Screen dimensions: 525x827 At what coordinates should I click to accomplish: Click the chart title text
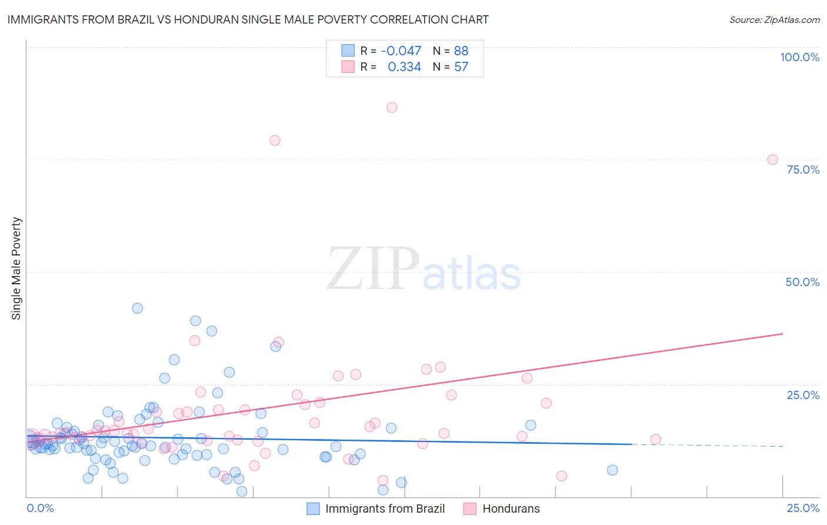(248, 19)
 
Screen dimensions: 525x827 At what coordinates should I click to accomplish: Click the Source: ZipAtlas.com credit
(774, 19)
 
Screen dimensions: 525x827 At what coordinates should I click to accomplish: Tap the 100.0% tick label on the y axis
(799, 57)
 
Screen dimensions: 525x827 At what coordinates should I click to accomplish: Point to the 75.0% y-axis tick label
(803, 170)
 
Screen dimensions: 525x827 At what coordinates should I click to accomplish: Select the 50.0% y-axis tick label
(802, 282)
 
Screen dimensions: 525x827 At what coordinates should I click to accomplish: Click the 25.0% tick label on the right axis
(803, 395)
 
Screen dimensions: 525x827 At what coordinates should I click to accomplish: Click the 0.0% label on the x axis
(40, 508)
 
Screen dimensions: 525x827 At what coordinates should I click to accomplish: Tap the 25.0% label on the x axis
(803, 508)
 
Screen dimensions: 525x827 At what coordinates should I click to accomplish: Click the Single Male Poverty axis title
(16, 268)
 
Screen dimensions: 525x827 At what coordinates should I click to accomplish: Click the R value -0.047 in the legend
(401, 51)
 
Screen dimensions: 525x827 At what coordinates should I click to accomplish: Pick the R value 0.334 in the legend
(404, 67)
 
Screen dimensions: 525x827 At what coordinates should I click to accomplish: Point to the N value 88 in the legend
(461, 51)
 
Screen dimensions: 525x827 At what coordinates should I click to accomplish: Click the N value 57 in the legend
(461, 67)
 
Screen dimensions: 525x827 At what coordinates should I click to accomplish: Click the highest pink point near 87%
(392, 107)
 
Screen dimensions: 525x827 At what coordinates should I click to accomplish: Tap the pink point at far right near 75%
(773, 160)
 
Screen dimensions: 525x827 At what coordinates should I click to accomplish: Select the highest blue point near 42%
(137, 308)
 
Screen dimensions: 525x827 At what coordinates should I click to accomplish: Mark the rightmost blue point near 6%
(612, 470)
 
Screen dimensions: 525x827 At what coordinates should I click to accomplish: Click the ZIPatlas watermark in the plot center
(423, 269)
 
